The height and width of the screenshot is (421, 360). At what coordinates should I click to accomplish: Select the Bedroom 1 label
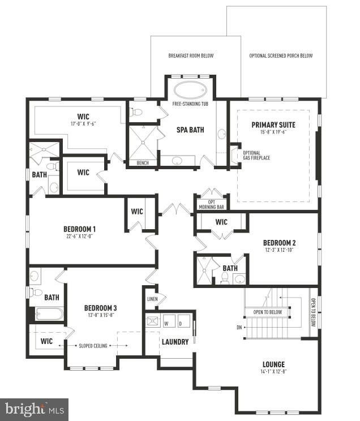click(79, 229)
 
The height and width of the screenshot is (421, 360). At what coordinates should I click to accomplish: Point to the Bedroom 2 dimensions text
click(280, 250)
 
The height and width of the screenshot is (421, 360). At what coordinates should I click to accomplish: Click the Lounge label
click(273, 364)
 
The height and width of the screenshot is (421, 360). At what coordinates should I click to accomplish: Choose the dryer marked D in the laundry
click(181, 324)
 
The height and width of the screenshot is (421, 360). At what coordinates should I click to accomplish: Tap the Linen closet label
click(152, 299)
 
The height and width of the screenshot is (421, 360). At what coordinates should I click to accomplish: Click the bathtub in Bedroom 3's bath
click(50, 313)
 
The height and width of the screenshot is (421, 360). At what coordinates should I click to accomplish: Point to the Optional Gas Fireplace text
click(256, 155)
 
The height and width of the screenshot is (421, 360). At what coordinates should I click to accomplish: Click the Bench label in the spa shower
click(143, 163)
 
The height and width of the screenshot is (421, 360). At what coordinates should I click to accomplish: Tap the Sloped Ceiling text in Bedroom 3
click(94, 345)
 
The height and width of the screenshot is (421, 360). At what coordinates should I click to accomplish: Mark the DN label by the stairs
click(239, 328)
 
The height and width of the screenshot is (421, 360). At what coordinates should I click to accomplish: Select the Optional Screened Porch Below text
click(281, 56)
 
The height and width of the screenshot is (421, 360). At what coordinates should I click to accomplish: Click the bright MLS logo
click(34, 409)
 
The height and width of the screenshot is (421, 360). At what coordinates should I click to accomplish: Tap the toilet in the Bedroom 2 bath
click(224, 277)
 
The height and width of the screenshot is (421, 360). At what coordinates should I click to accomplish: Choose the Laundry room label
click(175, 341)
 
